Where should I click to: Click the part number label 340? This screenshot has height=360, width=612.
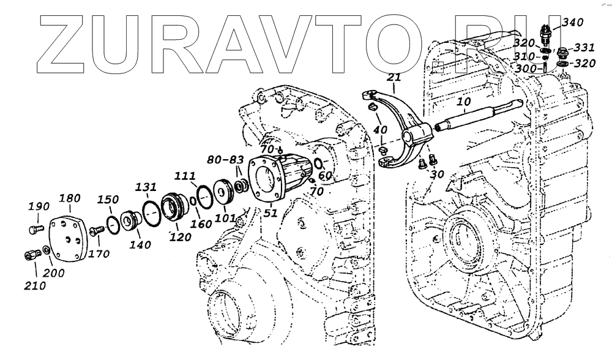[573, 23]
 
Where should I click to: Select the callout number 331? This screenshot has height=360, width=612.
[586, 47]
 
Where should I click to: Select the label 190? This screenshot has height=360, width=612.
[37, 207]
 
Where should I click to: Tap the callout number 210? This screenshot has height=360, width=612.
[35, 284]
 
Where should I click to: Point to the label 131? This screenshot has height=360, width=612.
[146, 187]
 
